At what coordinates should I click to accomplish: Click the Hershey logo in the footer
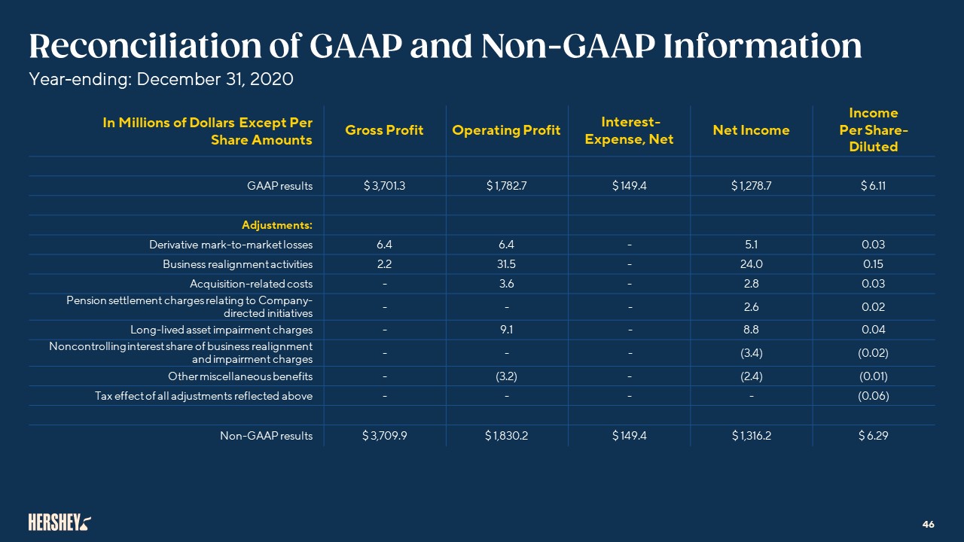click(x=59, y=522)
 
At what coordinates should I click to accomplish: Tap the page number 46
click(x=928, y=524)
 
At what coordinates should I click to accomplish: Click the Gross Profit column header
click(x=384, y=130)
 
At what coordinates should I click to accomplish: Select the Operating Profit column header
click(x=506, y=130)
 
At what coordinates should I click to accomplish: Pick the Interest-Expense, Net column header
click(x=630, y=130)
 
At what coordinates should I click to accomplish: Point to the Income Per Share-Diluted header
click(x=874, y=129)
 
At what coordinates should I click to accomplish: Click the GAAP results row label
click(x=279, y=186)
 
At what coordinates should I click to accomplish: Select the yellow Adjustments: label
click(x=276, y=225)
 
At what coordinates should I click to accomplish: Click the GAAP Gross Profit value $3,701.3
click(x=384, y=186)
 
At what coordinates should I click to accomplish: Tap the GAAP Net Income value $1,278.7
click(x=751, y=186)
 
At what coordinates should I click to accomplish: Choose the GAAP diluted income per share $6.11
click(x=874, y=186)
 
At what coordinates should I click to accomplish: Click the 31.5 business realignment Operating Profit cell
click(x=506, y=264)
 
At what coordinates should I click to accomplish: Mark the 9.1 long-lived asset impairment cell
click(x=506, y=330)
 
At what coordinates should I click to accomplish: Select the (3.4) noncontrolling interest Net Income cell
click(x=751, y=352)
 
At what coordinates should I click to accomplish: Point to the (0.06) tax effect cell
click(x=874, y=396)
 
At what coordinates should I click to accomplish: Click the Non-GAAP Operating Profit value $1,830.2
click(x=506, y=435)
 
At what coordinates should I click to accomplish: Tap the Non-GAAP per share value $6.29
click(x=874, y=435)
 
